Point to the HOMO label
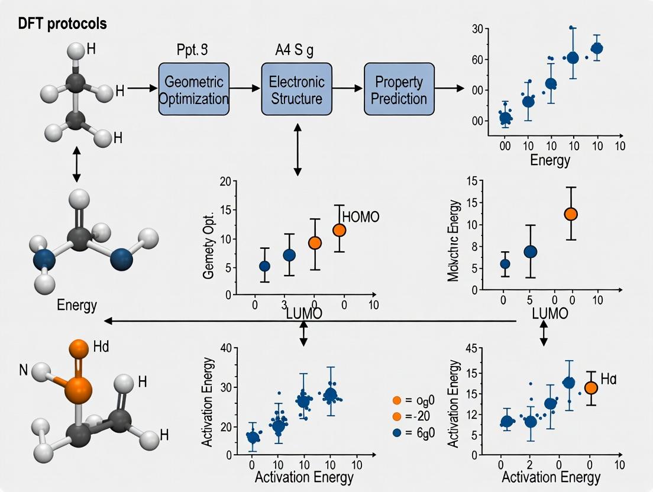point(361,217)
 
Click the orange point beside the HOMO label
point(339,230)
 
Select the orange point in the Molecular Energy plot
point(571,214)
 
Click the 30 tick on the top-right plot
point(477,29)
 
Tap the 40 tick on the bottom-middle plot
point(225,347)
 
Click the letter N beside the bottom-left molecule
point(24,371)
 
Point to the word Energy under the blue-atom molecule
point(77,305)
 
